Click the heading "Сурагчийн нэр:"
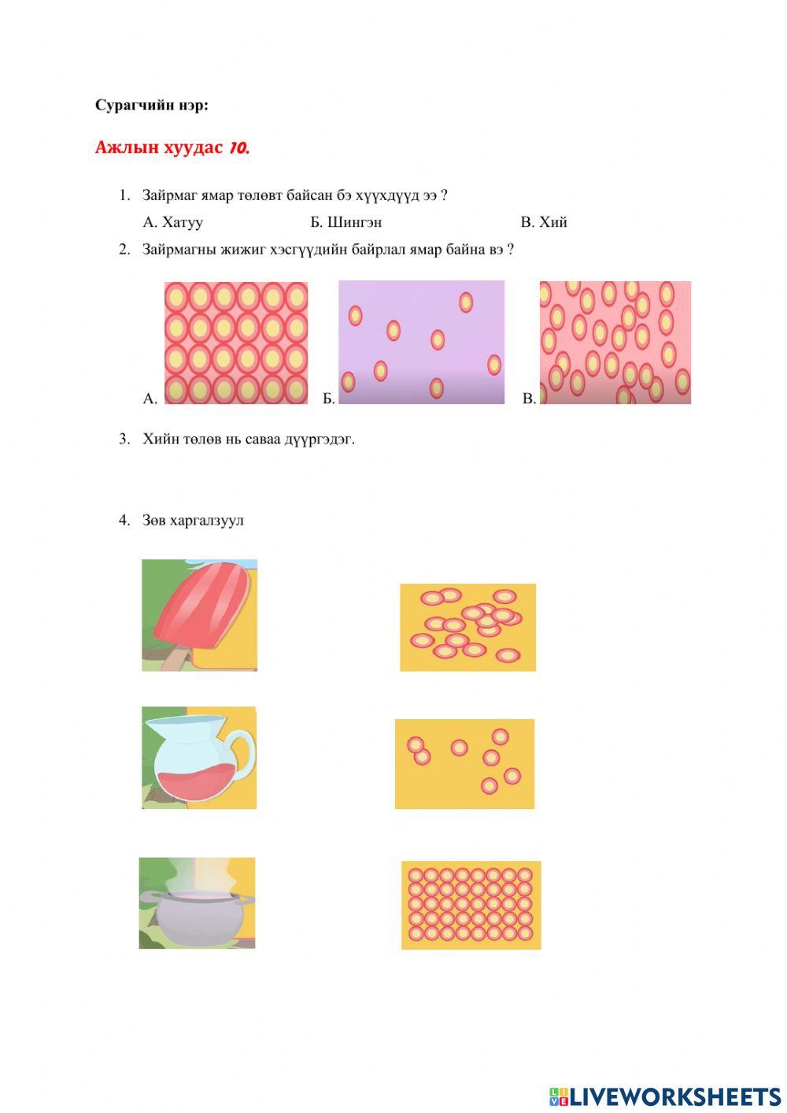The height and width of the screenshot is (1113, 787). click(151, 106)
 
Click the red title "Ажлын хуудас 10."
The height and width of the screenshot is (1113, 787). click(172, 147)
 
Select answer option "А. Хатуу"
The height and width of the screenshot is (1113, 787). click(172, 221)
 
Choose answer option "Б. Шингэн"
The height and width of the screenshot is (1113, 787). click(346, 221)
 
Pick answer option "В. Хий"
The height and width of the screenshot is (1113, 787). click(544, 221)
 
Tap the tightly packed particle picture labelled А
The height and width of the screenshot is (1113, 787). click(236, 343)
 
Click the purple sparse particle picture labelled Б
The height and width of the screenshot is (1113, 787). click(422, 343)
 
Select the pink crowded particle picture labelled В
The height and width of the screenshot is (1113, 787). click(615, 343)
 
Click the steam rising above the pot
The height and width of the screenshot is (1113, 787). click(198, 875)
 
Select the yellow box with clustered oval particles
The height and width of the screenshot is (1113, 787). click(467, 627)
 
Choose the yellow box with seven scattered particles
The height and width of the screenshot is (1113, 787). click(465, 764)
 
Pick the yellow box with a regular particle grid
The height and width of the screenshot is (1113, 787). click(471, 906)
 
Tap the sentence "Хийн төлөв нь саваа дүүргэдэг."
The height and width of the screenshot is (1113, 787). click(249, 440)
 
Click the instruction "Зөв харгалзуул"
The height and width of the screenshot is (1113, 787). click(193, 520)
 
